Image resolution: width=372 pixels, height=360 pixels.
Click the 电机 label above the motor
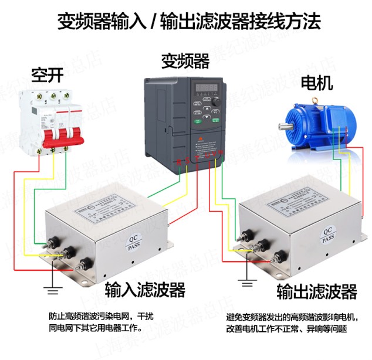coord(316,83)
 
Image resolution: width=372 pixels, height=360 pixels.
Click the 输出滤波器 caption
coord(317,291)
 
